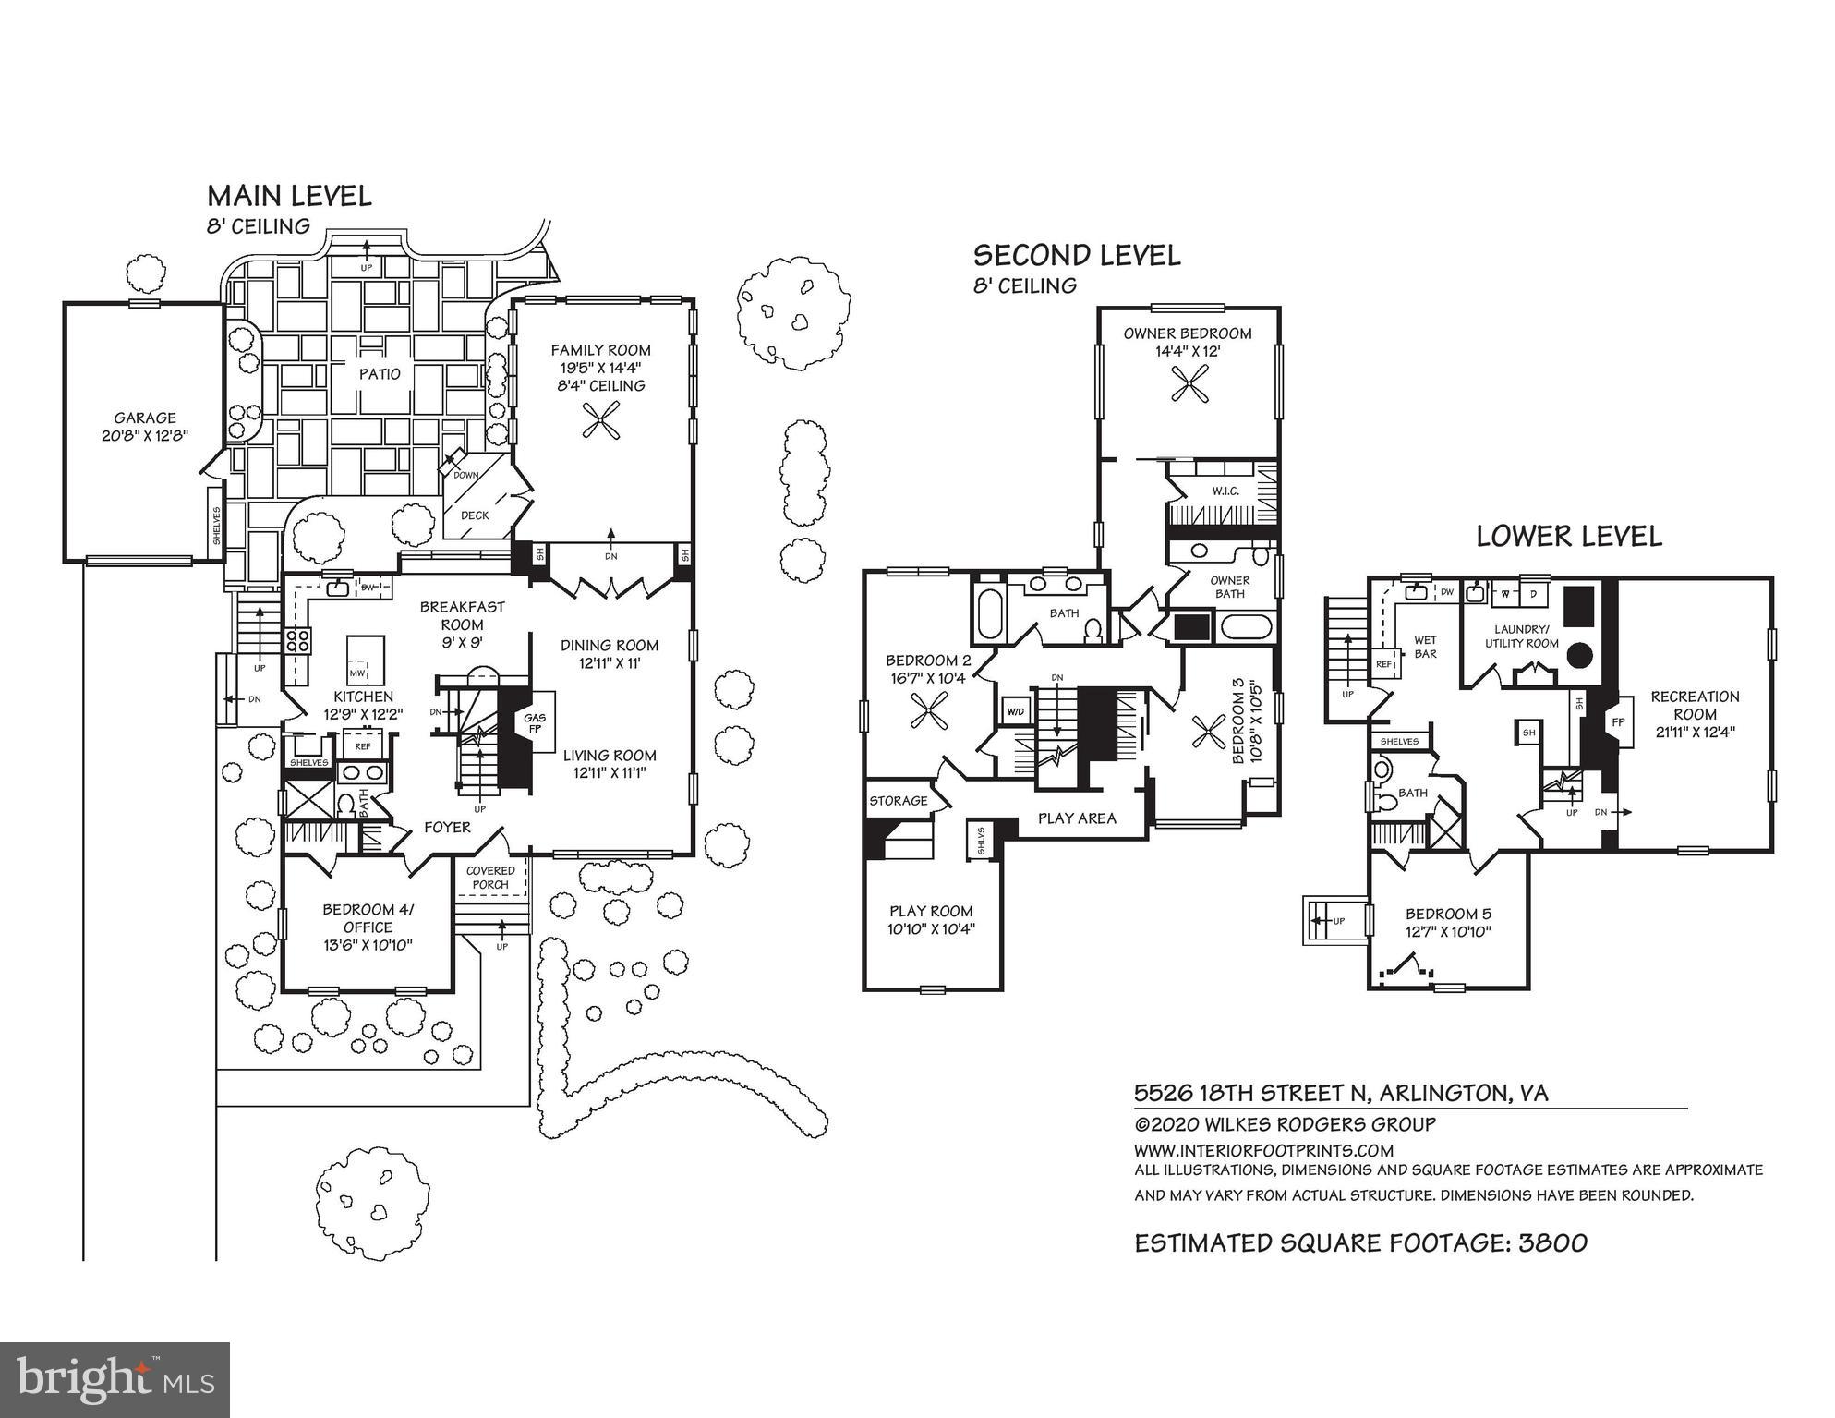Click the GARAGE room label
[145, 418]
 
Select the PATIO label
[380, 374]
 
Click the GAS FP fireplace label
[535, 722]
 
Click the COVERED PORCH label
[490, 878]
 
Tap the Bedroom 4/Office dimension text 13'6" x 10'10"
[368, 945]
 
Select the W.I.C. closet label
[1225, 491]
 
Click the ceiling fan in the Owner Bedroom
[1189, 383]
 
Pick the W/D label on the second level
[1015, 711]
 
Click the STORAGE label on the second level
[898, 801]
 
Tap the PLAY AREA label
[1077, 818]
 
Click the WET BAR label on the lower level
[1425, 647]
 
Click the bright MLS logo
[115, 1379]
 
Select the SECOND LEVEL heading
[1077, 256]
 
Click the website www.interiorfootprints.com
[1263, 1150]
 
